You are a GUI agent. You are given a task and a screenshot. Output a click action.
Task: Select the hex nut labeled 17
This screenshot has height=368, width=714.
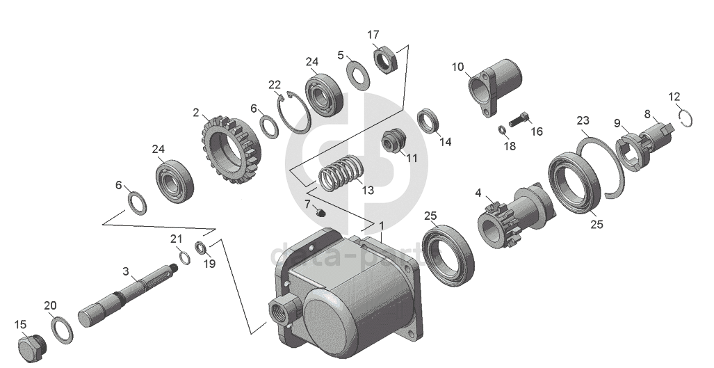(x=385, y=58)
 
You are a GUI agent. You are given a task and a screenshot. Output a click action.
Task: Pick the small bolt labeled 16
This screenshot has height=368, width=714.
(x=519, y=119)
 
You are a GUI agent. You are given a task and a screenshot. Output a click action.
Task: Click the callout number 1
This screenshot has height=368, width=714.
(x=380, y=225)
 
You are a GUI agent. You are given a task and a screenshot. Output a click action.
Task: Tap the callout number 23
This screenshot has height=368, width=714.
(x=583, y=120)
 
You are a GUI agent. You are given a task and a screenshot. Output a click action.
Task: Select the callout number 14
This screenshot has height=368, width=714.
(x=445, y=142)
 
